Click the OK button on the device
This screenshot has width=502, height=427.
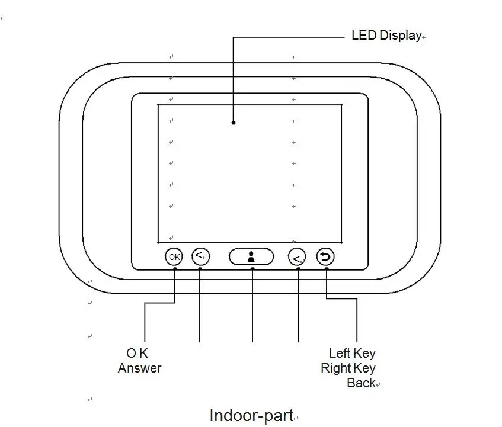[174, 257]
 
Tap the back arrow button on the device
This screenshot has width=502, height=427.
[325, 257]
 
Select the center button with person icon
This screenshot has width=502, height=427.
[251, 256]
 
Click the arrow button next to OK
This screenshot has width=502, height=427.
[201, 256]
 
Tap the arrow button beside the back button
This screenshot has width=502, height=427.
[297, 257]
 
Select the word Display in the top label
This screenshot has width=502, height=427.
[401, 36]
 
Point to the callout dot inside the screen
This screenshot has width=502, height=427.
[234, 123]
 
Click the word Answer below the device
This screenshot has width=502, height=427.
[140, 368]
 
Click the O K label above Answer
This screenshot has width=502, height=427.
[138, 354]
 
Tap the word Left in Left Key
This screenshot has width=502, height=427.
[340, 354]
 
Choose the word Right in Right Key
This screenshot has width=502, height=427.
[336, 368]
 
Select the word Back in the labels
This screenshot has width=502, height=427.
[361, 383]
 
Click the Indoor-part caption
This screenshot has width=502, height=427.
[252, 416]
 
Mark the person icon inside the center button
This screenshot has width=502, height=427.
[251, 257]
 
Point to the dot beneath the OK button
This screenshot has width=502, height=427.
[175, 269]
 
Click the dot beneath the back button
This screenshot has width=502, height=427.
[327, 269]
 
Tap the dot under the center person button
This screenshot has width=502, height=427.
[252, 269]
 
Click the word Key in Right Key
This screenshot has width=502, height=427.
[364, 368]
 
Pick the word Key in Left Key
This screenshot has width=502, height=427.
[364, 354]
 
